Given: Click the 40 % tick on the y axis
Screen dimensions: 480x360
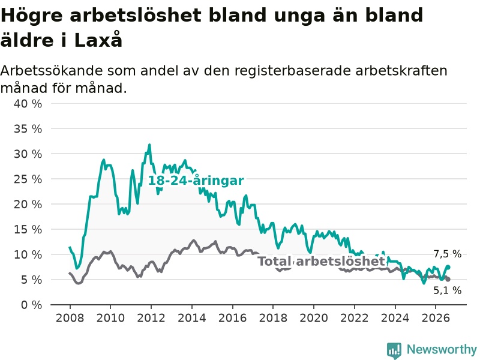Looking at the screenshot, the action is pos(28,104).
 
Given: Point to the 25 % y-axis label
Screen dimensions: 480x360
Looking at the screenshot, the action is pos(28,179).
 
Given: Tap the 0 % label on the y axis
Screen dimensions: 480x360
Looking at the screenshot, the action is pos(32,305).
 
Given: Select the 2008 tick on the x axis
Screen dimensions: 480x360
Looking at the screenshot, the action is pos(70,318).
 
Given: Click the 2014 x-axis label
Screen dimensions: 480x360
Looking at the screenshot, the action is pos(192,318).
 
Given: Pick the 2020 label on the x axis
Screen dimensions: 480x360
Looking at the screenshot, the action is pos(314,318).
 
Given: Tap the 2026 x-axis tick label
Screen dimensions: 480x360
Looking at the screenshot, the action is pos(436,318).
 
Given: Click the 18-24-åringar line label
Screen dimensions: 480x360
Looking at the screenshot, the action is pos(196,181).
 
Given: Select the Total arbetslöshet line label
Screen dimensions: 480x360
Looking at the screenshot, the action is pos(321,261).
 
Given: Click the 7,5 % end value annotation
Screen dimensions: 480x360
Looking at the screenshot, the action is pos(447,254).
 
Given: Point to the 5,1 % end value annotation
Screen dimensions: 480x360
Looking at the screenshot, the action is pos(447,290).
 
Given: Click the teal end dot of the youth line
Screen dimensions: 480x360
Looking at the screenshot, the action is pos(448,267).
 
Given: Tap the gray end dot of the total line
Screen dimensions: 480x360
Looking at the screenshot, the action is pos(448,279).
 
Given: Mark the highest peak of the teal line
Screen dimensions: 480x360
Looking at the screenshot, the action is pos(149,145).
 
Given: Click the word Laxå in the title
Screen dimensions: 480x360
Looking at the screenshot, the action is pos(98,40).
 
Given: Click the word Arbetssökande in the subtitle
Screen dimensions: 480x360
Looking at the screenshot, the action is pos(52,71).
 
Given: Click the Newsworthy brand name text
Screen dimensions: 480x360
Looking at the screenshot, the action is pos(442,349).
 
